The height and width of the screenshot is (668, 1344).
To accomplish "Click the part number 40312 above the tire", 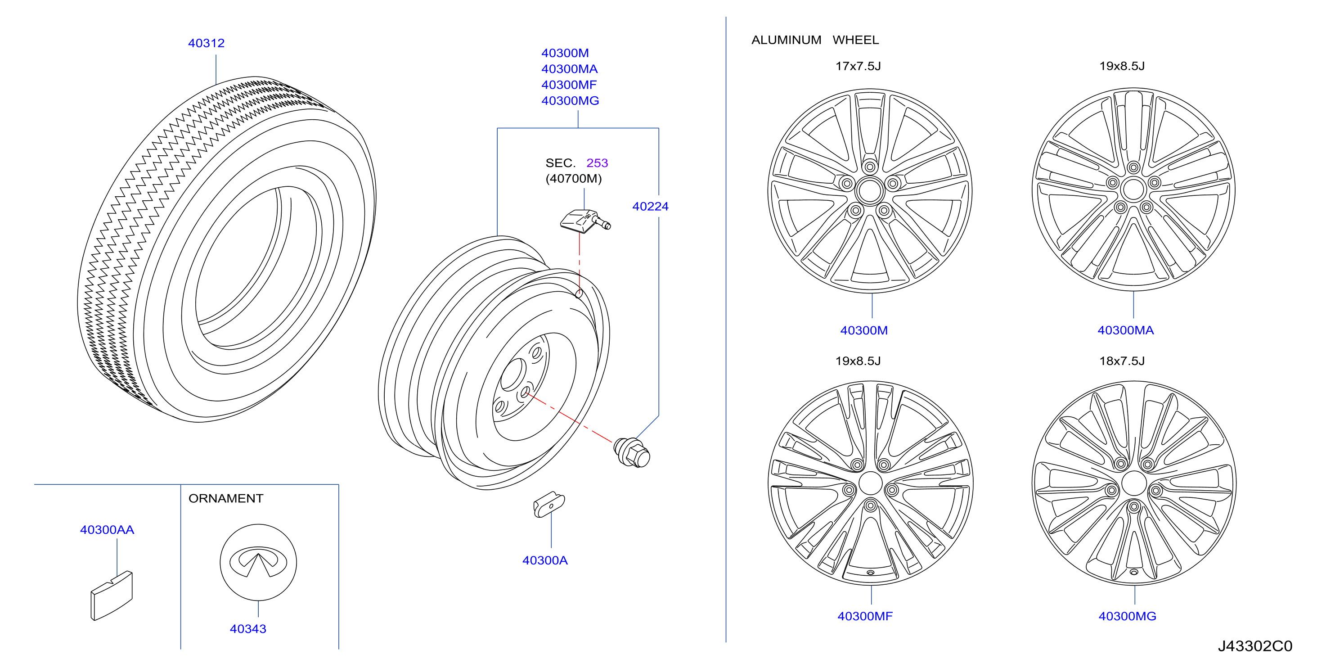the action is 206,43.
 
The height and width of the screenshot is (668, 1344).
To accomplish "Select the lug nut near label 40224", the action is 632,452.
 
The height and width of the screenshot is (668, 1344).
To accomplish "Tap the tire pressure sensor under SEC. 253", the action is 585,221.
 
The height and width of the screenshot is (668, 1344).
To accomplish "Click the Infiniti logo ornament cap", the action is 258,563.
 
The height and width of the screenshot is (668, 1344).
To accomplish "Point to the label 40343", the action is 248,629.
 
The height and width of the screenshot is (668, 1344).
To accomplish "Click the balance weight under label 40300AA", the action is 112,596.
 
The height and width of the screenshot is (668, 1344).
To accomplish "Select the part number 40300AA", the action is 107,530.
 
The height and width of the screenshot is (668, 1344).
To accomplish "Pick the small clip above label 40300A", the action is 549,504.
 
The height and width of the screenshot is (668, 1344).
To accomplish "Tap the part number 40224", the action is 650,206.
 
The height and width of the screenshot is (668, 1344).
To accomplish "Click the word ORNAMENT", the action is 226,498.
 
